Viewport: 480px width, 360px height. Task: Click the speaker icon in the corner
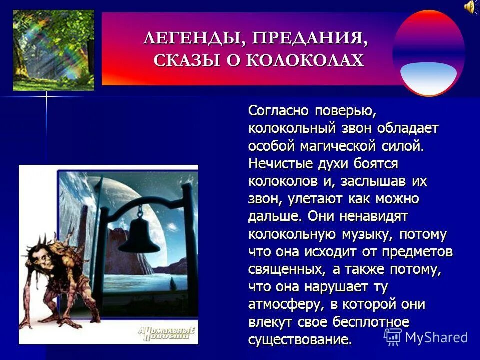(470, 6)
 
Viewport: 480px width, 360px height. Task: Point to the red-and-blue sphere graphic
(428, 52)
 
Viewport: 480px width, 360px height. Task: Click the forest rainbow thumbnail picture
(53, 50)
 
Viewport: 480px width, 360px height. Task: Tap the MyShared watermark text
(436, 337)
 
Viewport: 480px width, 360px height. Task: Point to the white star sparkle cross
(46, 97)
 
